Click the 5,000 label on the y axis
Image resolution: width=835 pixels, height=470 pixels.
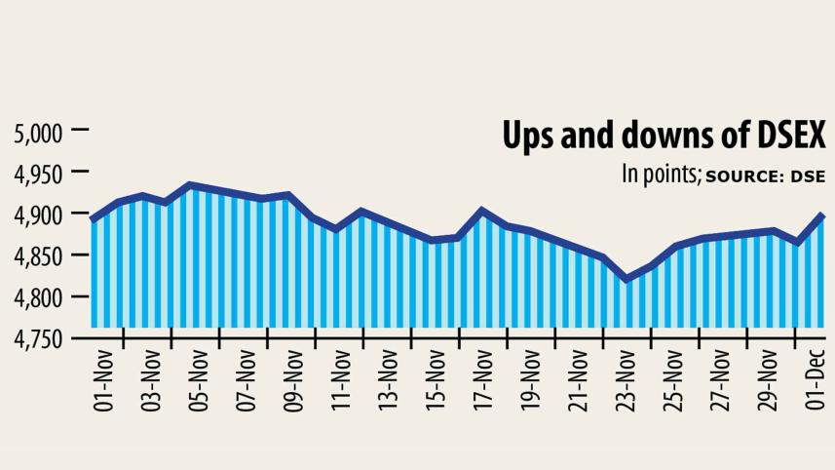pyautogui.click(x=37, y=132)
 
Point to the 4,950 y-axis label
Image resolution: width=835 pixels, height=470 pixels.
pyautogui.click(x=37, y=174)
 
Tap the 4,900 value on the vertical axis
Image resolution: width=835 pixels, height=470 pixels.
pyautogui.click(x=37, y=215)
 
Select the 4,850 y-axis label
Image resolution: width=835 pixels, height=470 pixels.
pyautogui.click(x=37, y=256)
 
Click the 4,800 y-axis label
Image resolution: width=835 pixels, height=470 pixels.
pyautogui.click(x=37, y=297)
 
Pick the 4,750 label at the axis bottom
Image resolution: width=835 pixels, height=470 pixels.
pyautogui.click(x=37, y=339)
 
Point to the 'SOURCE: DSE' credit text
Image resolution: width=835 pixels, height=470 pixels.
pyautogui.click(x=765, y=176)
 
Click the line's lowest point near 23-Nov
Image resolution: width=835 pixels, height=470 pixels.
pyautogui.click(x=627, y=280)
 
